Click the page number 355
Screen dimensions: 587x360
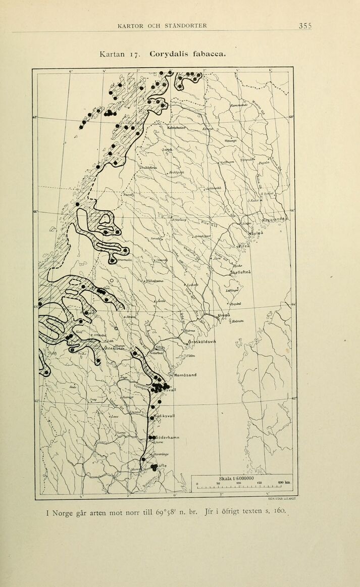[x=305, y=26]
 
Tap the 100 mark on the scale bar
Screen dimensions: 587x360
[x=238, y=483]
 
